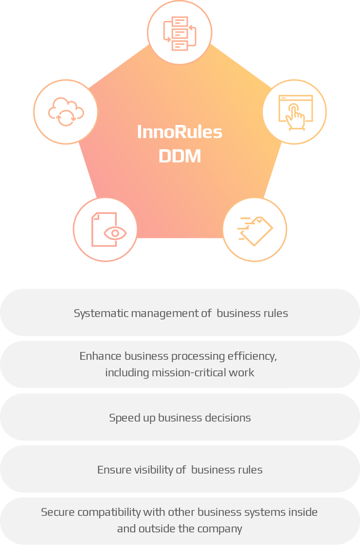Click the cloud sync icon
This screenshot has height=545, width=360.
[x=66, y=112]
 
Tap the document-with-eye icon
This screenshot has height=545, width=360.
[x=106, y=229]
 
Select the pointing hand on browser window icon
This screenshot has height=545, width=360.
[x=294, y=112]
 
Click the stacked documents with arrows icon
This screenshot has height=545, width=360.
[x=180, y=33]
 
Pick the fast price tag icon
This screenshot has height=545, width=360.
[x=254, y=229]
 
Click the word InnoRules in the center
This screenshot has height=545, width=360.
[x=180, y=132]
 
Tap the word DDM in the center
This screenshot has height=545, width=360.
[x=180, y=157]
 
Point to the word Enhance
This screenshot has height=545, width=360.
[x=101, y=356]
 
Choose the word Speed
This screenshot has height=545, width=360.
[x=123, y=418]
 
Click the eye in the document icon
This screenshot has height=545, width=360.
[x=115, y=233]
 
